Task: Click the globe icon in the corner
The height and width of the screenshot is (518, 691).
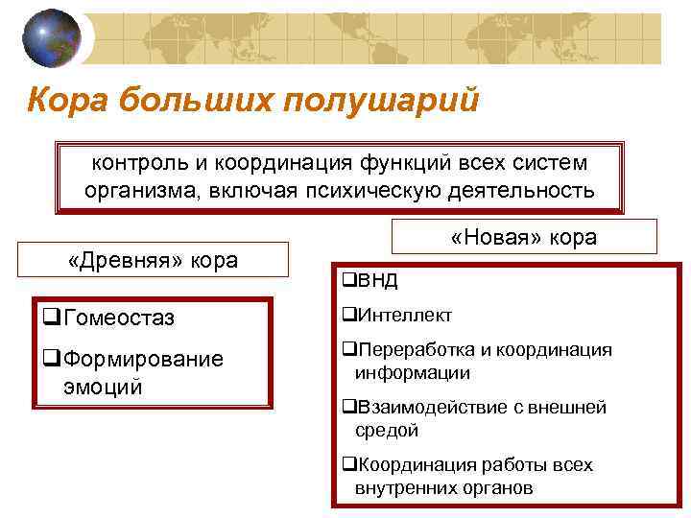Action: [51, 38]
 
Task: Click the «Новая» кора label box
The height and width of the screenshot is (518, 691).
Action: [523, 237]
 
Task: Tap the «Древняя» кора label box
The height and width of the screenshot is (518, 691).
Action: [154, 260]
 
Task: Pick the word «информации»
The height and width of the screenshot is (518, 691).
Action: [412, 373]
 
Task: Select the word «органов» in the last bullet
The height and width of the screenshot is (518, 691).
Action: [489, 487]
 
